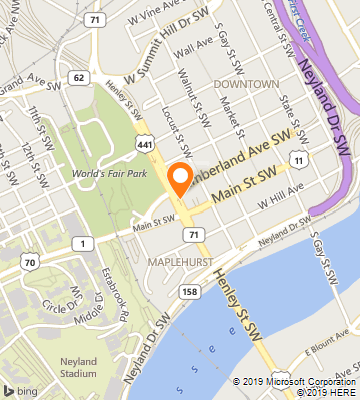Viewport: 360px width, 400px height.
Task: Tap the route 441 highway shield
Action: pyautogui.click(x=145, y=146)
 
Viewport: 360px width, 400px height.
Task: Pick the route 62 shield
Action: pyautogui.click(x=78, y=76)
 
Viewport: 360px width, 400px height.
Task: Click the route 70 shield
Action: pyautogui.click(x=31, y=263)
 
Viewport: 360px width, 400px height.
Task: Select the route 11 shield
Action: pyautogui.click(x=297, y=159)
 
